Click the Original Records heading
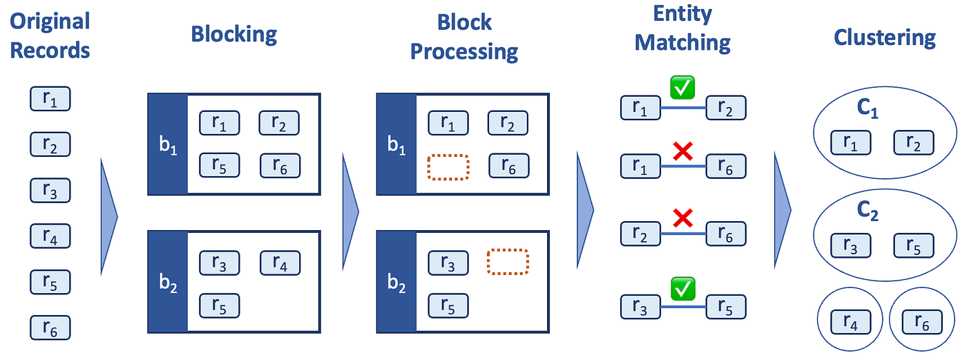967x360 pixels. (x=50, y=35)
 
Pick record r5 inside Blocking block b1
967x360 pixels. (x=220, y=166)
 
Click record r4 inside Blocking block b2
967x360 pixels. (x=280, y=263)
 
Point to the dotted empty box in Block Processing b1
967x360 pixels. (x=448, y=166)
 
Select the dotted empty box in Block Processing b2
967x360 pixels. (x=508, y=262)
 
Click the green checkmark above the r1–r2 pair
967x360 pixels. (x=683, y=88)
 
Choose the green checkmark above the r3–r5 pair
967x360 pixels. (x=683, y=288)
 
